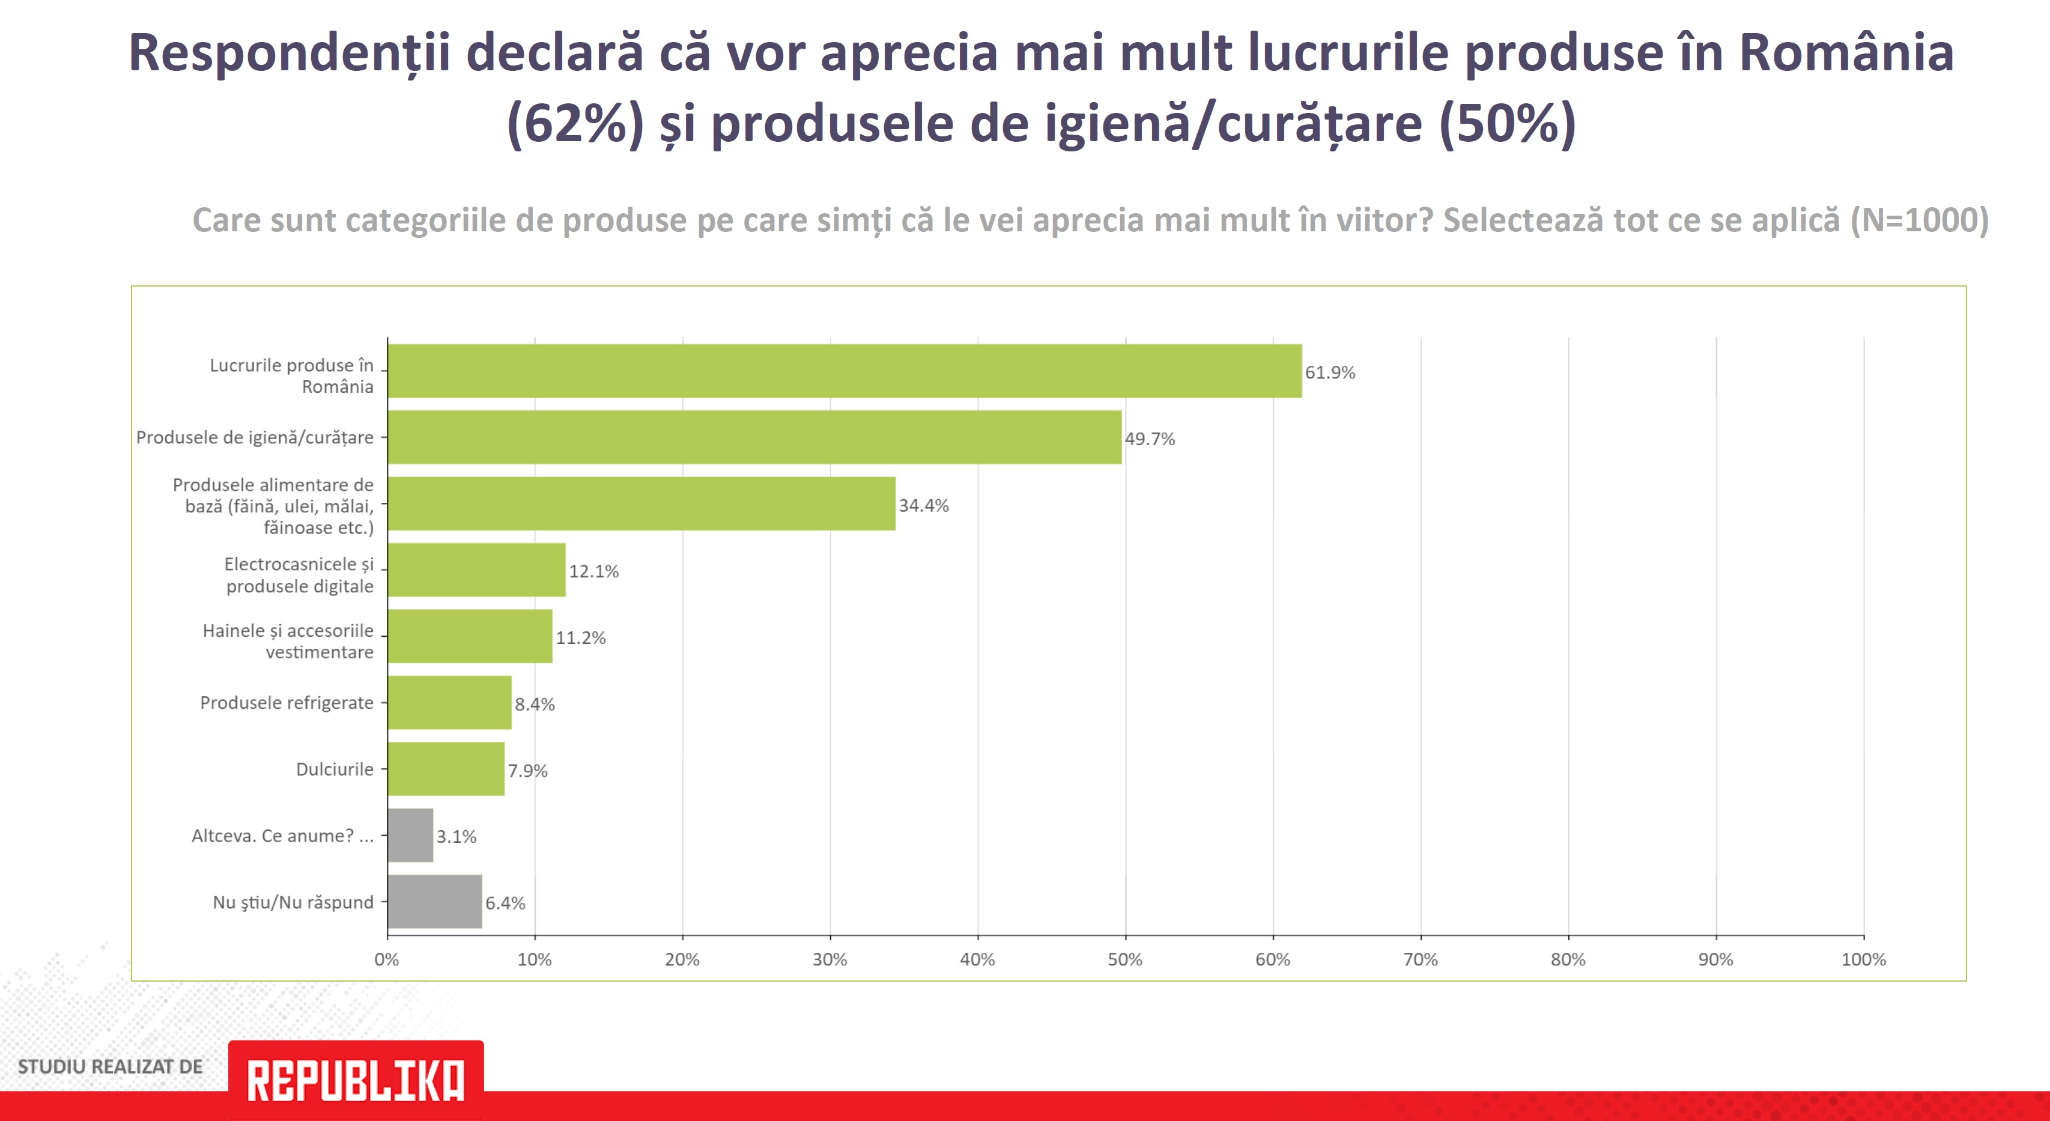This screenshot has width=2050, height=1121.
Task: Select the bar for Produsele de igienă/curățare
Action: click(754, 437)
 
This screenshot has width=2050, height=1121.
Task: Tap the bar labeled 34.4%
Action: click(641, 503)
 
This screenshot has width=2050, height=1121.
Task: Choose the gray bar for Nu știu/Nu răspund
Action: click(434, 901)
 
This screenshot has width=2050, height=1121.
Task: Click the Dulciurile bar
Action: click(446, 769)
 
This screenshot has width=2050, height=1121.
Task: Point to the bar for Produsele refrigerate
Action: click(450, 702)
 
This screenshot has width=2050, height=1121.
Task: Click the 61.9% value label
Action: click(1330, 372)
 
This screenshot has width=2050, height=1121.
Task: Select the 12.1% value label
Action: click(593, 572)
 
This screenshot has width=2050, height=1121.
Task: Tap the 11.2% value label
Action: click(580, 638)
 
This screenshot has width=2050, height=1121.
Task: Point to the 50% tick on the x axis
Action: click(1124, 959)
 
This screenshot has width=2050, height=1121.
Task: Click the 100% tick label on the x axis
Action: click(1863, 959)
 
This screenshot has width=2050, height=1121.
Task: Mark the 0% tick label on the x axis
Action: click(387, 959)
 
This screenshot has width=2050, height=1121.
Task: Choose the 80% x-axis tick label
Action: click(1568, 959)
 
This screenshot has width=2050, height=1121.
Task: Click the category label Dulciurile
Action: click(334, 769)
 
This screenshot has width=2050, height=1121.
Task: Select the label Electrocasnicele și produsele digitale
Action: click(299, 575)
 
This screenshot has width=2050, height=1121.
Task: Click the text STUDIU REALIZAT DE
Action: click(110, 1067)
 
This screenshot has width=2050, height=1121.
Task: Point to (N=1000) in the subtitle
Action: click(1920, 220)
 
